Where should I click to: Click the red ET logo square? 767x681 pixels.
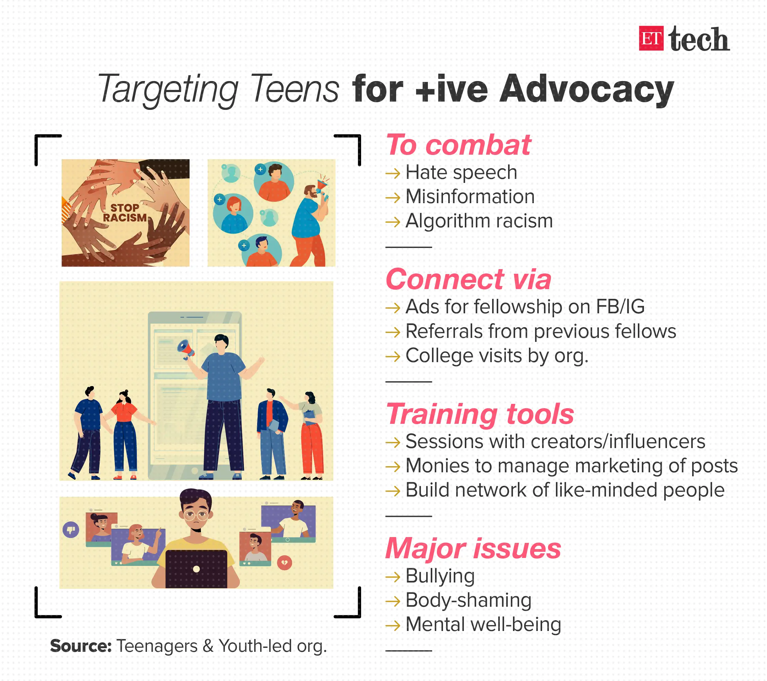tap(651, 38)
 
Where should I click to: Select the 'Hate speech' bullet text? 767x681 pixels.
tap(461, 173)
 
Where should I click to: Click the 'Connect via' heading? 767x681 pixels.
tap(468, 279)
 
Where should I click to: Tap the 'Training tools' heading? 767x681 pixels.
tap(480, 414)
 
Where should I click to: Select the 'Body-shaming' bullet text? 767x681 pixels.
tap(468, 600)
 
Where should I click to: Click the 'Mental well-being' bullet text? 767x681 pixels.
tap(483, 625)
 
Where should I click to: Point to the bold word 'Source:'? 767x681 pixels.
tap(81, 646)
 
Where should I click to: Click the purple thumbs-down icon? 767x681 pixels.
tap(71, 530)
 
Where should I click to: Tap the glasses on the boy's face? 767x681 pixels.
tap(196, 515)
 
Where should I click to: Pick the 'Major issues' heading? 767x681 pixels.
tap(473, 548)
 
